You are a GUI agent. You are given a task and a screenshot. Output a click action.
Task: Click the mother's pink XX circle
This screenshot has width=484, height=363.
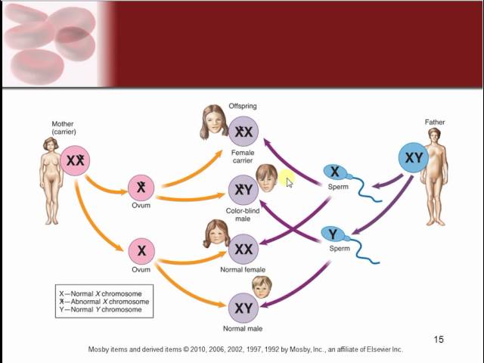[74, 160]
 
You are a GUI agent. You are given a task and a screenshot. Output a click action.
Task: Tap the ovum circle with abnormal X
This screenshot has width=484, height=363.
[141, 188]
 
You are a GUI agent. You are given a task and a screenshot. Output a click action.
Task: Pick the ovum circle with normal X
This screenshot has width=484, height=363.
[141, 251]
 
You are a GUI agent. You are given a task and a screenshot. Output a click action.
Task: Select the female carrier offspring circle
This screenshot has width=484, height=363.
[244, 132]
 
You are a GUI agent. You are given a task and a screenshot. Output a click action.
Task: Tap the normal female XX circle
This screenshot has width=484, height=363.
[244, 249]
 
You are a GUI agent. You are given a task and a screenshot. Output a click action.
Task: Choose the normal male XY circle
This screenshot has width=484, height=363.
[244, 308]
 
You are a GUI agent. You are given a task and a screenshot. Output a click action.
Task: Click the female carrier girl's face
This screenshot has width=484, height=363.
[215, 123]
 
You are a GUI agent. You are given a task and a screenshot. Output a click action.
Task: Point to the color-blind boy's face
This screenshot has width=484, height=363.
[265, 178]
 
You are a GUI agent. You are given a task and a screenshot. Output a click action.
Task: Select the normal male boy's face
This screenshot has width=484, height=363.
[262, 287]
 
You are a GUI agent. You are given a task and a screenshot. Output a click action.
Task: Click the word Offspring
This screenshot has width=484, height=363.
[244, 106]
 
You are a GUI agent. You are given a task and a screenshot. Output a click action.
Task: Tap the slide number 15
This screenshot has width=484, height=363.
[439, 340]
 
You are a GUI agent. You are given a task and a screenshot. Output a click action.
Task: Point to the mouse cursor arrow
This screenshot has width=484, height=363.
[289, 182]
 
